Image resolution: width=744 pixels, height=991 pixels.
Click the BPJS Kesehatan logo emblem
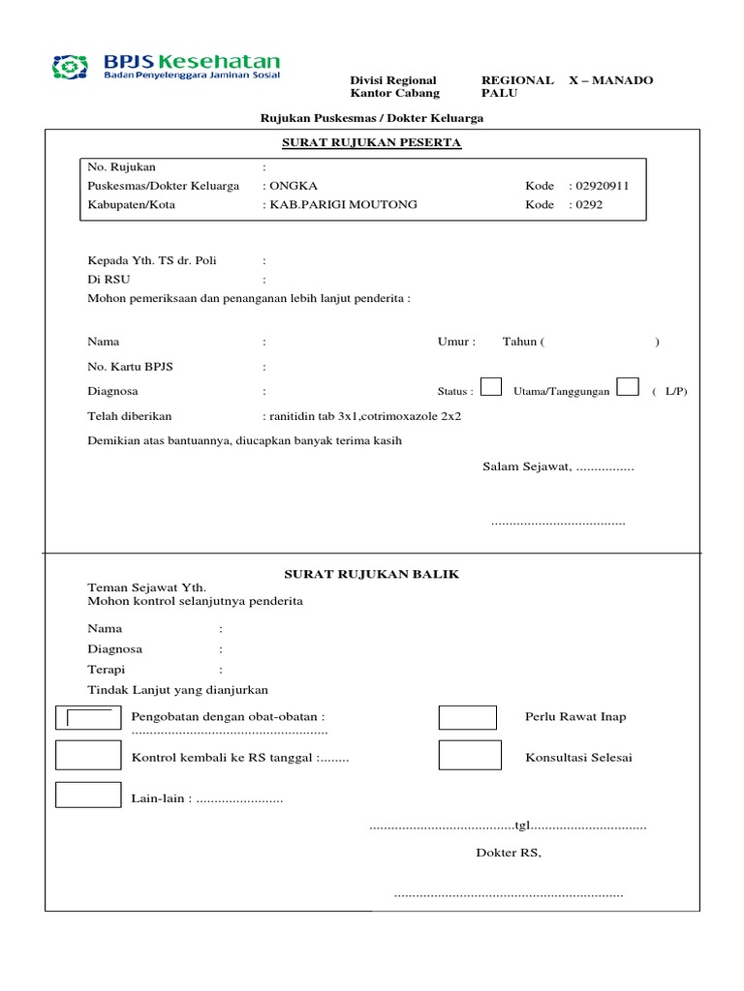click(x=70, y=68)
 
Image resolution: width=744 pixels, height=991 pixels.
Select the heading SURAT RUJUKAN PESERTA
click(x=371, y=143)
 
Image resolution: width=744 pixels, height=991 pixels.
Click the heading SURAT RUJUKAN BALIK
click(x=371, y=574)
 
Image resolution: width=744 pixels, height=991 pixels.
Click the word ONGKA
click(x=294, y=186)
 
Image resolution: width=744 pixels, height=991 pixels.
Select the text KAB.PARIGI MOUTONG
click(x=329, y=204)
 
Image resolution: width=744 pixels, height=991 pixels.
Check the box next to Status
click(x=491, y=387)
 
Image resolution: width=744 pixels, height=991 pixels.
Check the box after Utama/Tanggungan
click(x=628, y=387)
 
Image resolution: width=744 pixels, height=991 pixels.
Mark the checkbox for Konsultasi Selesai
click(x=470, y=756)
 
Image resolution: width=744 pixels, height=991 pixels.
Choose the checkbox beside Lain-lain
click(x=87, y=794)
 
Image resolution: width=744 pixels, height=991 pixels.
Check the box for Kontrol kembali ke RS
click(x=87, y=756)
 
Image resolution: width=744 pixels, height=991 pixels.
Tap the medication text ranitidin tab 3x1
click(x=312, y=416)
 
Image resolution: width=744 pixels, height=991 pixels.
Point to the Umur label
click(x=456, y=342)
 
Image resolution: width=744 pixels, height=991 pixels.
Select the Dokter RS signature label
click(x=508, y=853)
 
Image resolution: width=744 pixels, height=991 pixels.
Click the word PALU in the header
click(x=500, y=94)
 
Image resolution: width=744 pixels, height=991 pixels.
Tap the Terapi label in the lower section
click(x=107, y=670)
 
